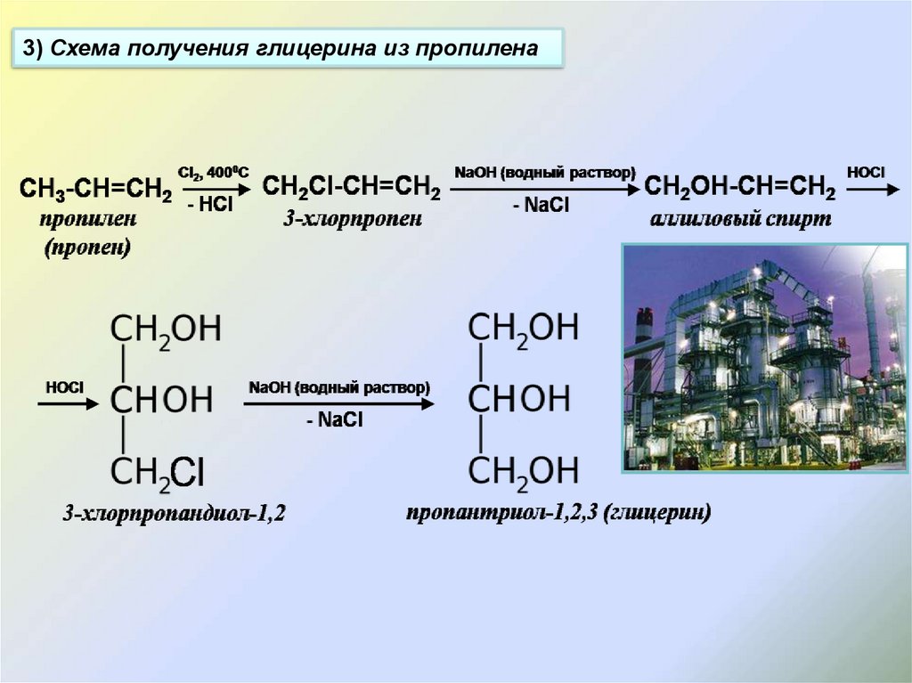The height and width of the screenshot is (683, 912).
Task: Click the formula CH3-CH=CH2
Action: (x=95, y=189)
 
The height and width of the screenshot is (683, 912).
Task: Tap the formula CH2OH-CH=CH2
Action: (x=739, y=189)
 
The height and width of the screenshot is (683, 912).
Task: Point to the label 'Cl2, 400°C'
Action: (x=214, y=172)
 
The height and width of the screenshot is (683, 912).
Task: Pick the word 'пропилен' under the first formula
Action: (x=87, y=218)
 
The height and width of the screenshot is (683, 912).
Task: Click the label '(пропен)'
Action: (x=87, y=248)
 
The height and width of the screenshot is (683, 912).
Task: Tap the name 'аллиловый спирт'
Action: (x=740, y=219)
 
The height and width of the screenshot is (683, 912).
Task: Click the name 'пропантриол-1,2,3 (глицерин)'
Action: (x=558, y=513)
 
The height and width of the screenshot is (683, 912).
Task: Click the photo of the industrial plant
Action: (x=763, y=357)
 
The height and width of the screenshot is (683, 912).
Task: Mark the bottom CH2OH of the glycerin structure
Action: (x=524, y=469)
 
